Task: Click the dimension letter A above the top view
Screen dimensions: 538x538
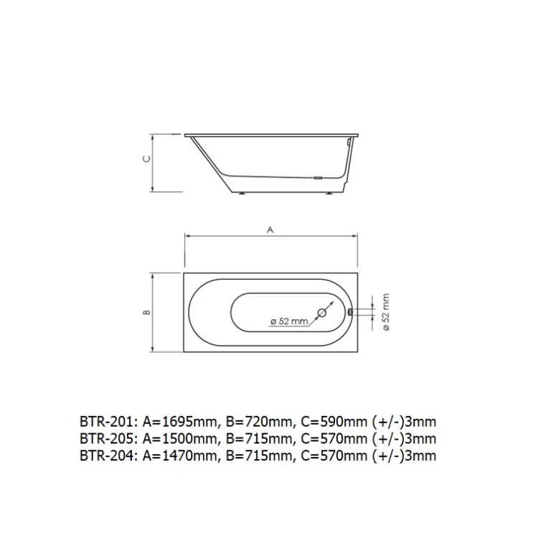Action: pyautogui.click(x=270, y=230)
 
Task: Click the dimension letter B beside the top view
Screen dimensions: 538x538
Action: pyautogui.click(x=146, y=312)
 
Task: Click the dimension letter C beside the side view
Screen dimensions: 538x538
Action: pyautogui.click(x=146, y=159)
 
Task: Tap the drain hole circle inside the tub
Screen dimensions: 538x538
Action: pyautogui.click(x=322, y=313)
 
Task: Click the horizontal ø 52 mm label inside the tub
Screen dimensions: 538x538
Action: pyautogui.click(x=289, y=321)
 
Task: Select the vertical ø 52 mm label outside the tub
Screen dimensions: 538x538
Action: pyautogui.click(x=386, y=312)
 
